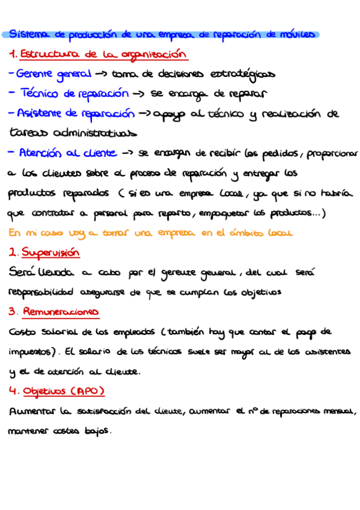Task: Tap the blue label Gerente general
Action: (54, 75)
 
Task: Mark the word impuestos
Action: (31, 352)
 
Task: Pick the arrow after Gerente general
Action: (101, 75)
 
